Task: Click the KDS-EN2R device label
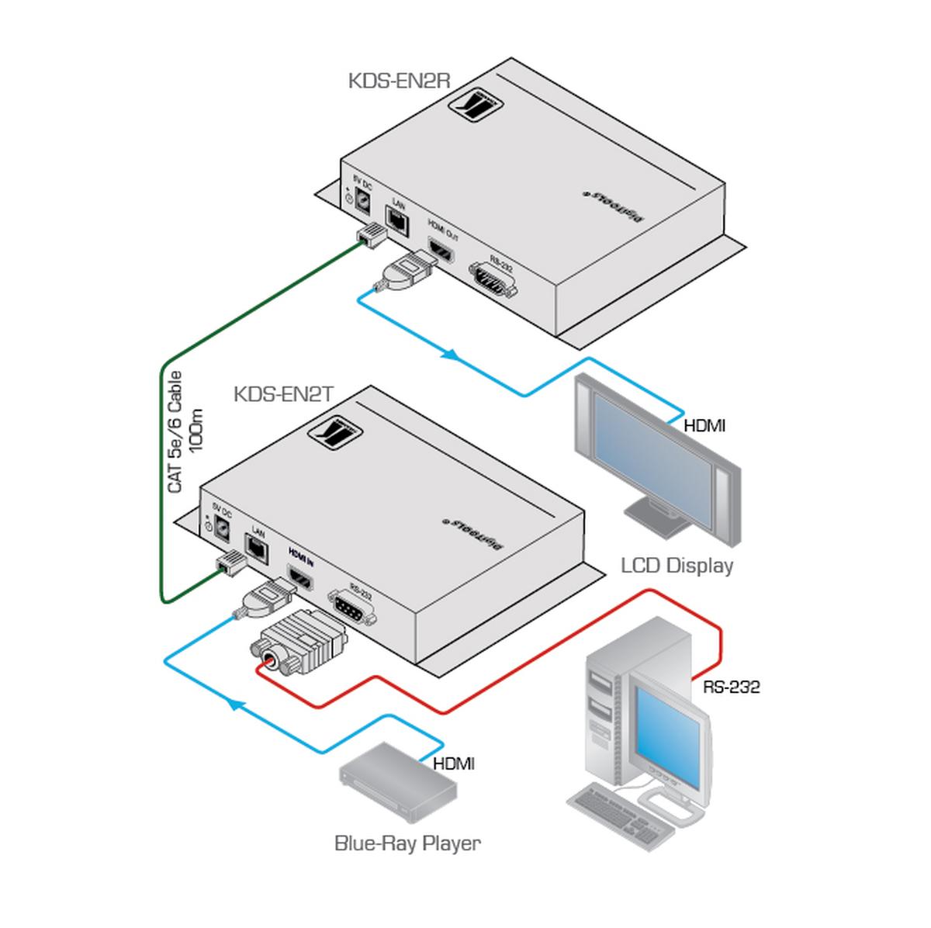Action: (399, 80)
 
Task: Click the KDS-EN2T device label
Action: (283, 395)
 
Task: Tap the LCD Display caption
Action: (677, 565)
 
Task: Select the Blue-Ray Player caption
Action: (407, 843)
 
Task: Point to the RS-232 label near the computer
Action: (731, 687)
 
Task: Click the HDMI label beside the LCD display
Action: (704, 425)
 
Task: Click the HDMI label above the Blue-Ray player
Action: (453, 764)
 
